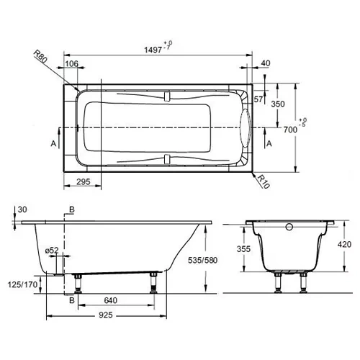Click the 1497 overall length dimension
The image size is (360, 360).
153,50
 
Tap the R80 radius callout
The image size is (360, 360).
40,57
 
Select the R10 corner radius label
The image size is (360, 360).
264,181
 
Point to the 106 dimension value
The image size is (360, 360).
72,63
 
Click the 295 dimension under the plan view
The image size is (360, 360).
84,182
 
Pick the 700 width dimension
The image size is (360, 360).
290,130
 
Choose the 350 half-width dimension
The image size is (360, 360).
278,104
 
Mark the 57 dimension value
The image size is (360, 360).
258,99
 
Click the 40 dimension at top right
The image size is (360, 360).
266,63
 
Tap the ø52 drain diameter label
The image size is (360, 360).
52,251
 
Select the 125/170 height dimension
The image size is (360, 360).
23,284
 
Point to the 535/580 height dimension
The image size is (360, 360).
202,260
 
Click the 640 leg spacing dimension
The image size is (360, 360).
111,300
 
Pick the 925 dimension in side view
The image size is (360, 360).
106,315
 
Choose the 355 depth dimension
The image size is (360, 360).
243,249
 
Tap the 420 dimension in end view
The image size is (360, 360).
344,245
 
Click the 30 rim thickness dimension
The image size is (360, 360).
22,210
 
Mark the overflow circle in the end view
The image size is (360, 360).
289,227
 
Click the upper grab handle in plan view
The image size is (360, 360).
167,96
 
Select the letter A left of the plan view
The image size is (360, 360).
53,143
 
